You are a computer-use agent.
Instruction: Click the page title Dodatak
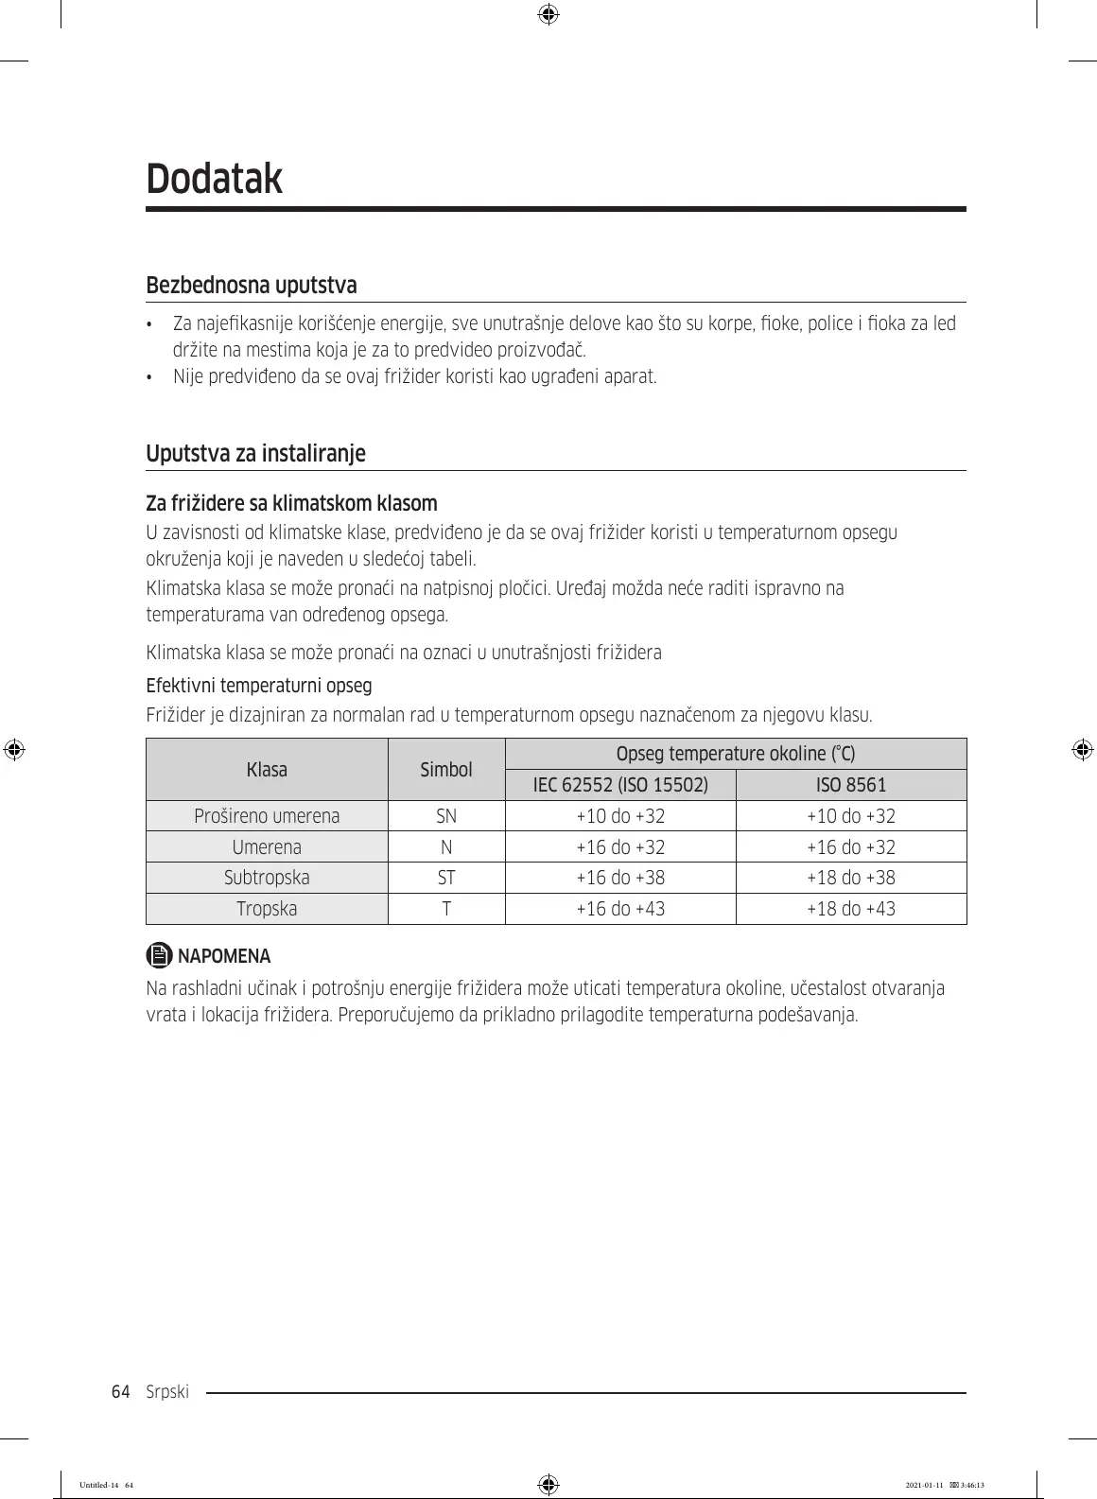click(x=215, y=178)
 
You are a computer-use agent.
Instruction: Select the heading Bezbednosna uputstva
click(x=251, y=285)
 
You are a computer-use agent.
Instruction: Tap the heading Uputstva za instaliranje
click(x=255, y=453)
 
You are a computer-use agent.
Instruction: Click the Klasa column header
click(x=267, y=770)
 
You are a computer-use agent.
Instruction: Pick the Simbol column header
click(x=446, y=770)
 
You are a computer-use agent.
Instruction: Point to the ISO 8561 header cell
click(x=851, y=785)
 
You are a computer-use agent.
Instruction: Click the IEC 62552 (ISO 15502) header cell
click(x=620, y=785)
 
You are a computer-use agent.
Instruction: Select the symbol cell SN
click(x=446, y=816)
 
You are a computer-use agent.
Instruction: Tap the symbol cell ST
click(x=446, y=878)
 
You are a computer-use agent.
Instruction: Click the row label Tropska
click(x=267, y=909)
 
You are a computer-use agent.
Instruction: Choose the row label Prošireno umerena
click(x=267, y=816)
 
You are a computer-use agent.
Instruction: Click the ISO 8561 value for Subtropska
click(x=851, y=878)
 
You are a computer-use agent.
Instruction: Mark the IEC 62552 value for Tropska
click(x=620, y=909)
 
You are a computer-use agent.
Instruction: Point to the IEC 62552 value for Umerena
click(x=620, y=847)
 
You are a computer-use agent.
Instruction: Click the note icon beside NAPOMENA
click(x=160, y=955)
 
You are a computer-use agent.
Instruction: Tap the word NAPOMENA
click(x=224, y=956)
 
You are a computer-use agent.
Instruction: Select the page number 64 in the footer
click(x=120, y=1392)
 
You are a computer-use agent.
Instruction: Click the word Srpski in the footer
click(x=168, y=1392)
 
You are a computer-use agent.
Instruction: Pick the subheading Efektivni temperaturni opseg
click(x=258, y=685)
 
